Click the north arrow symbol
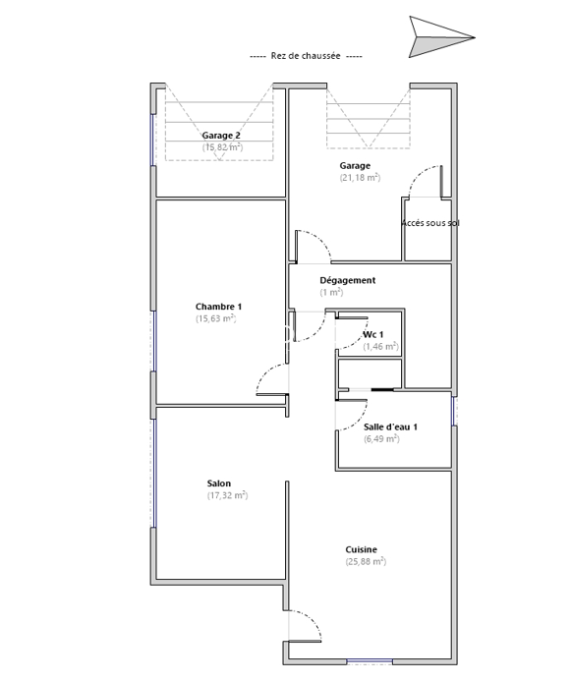click(x=435, y=37)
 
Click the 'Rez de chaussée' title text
click(x=306, y=56)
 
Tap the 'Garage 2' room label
click(x=221, y=136)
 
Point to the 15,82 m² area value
click(x=222, y=147)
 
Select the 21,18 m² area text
click(x=360, y=178)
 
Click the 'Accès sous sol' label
click(x=430, y=223)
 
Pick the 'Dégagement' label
click(x=348, y=280)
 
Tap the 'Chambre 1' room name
click(x=218, y=307)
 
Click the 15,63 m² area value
click(x=216, y=318)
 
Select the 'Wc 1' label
click(x=373, y=334)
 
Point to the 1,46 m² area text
click(x=381, y=346)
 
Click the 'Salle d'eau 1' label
click(x=390, y=426)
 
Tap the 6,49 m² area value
click(x=382, y=438)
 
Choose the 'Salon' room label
click(x=219, y=483)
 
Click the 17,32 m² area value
click(x=227, y=495)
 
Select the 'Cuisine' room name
click(x=361, y=549)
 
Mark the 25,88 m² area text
click(x=366, y=561)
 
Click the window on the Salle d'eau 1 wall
click(x=454, y=411)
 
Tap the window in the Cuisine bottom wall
click(x=370, y=661)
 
